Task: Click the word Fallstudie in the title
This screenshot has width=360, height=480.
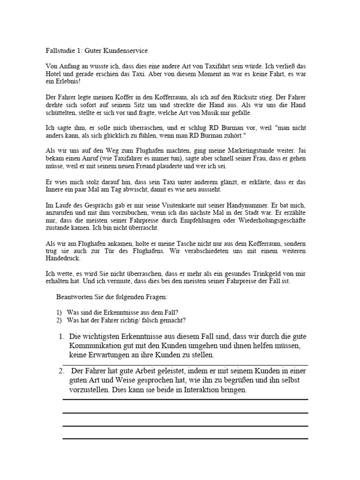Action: click(x=60, y=50)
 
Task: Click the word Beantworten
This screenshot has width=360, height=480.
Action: click(x=74, y=298)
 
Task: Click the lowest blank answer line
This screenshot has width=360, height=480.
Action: click(x=185, y=438)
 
